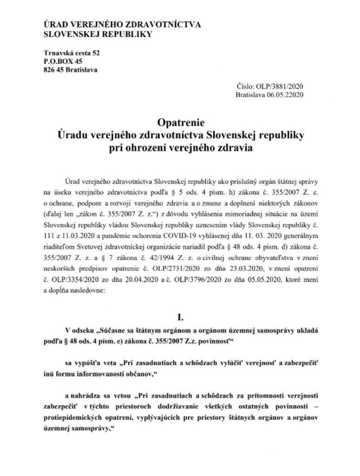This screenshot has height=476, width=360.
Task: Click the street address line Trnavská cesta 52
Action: click(72, 53)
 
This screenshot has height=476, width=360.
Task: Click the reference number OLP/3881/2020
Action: click(281, 86)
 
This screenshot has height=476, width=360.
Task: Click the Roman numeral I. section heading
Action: click(180, 318)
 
